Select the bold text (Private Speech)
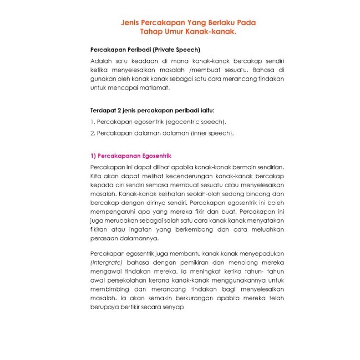(x=177, y=49)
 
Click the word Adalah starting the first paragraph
(x=100, y=61)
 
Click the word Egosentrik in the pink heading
(x=157, y=156)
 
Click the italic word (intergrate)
(x=106, y=262)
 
